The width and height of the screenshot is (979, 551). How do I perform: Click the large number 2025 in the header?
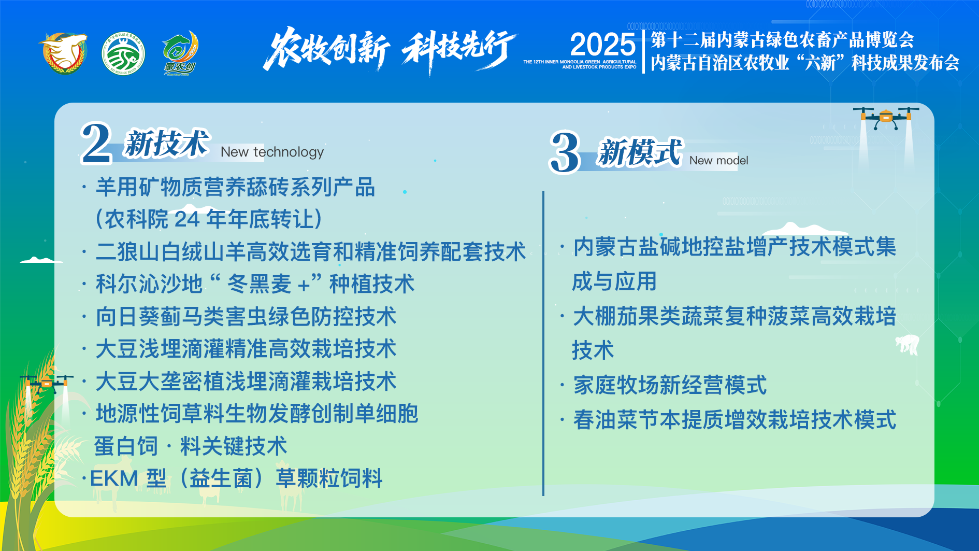point(602,45)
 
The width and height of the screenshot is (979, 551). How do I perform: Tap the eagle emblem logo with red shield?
point(64,53)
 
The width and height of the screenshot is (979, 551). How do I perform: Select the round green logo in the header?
point(123,54)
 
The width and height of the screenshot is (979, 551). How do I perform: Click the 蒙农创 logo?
point(180,53)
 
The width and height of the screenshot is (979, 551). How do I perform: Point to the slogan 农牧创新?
point(326,50)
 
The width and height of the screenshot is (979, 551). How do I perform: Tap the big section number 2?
point(96,143)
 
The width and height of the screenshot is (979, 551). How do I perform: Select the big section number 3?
point(564,152)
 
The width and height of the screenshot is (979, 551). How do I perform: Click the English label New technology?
point(272,152)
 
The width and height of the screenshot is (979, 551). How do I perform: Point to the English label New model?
point(718,161)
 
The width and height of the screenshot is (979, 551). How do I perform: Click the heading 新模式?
point(640,152)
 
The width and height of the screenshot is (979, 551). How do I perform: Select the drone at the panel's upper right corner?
point(886,118)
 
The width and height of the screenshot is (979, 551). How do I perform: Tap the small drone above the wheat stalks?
point(46,383)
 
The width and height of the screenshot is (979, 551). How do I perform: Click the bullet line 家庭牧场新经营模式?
point(670,385)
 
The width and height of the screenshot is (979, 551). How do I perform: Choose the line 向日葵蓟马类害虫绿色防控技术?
point(246,317)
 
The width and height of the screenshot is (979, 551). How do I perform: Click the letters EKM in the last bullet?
point(114,478)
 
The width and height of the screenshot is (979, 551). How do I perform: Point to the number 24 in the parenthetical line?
point(187,219)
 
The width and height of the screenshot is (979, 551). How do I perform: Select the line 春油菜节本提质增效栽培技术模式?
point(735,420)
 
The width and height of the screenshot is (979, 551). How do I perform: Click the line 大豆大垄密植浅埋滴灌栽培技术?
point(246,382)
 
